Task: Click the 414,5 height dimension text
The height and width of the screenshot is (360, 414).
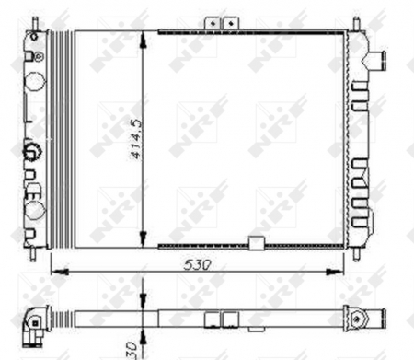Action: [134, 138]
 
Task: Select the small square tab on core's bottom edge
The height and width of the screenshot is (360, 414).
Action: [257, 243]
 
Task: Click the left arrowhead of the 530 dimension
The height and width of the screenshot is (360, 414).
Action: [53, 271]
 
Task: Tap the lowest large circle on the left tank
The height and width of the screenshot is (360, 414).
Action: [36, 211]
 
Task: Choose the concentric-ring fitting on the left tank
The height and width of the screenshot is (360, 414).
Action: [33, 149]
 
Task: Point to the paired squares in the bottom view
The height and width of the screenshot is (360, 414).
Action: [222, 319]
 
